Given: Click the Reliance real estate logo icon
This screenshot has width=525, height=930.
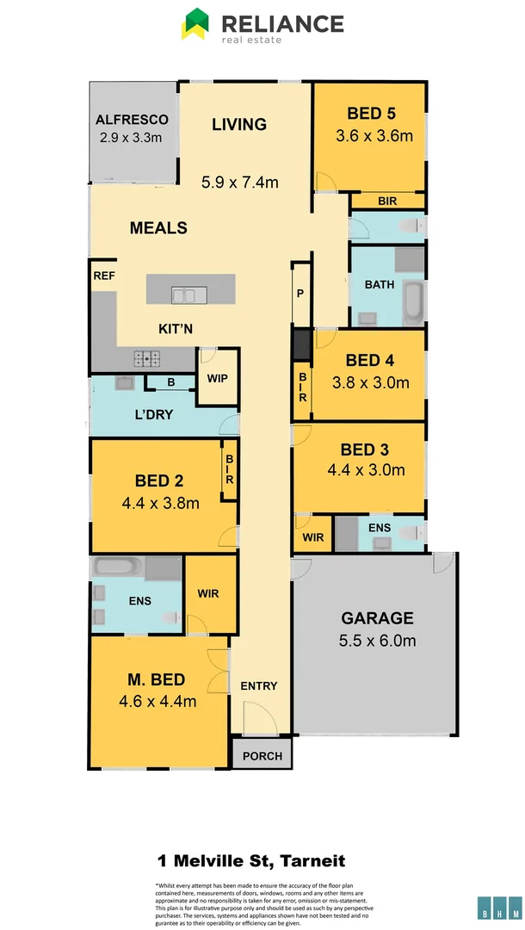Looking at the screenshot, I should (x=195, y=24).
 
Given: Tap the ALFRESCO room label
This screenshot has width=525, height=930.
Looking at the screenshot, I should (x=132, y=120).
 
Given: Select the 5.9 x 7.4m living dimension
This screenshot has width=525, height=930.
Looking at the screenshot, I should (x=240, y=182).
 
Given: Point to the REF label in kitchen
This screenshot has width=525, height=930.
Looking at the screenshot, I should (x=103, y=276).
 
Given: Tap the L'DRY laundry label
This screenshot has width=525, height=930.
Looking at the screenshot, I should (x=153, y=414).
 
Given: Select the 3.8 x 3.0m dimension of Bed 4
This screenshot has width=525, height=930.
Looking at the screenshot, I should (x=370, y=382).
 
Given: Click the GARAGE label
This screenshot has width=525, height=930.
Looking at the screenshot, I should (x=377, y=618).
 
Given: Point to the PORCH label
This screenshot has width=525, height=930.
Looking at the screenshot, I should (x=262, y=756).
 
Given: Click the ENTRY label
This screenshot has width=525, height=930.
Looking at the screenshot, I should (x=258, y=685).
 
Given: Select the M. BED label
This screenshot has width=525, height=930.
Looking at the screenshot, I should (x=157, y=680).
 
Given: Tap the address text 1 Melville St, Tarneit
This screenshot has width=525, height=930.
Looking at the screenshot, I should (x=251, y=860).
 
